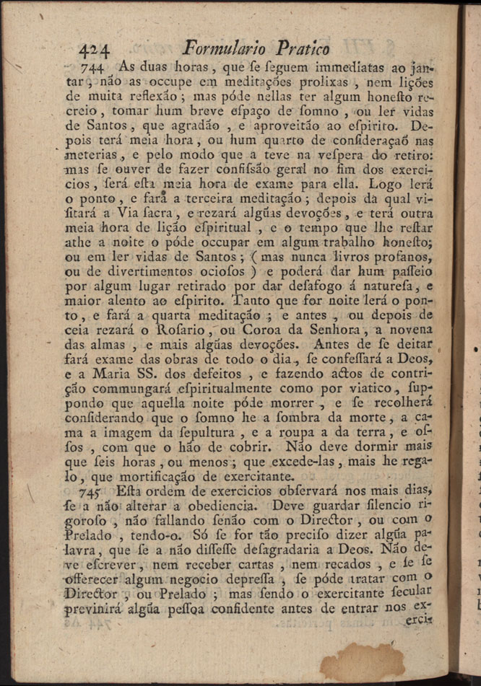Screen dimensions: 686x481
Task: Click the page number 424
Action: pyautogui.click(x=94, y=50)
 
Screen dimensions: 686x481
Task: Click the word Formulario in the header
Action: pyautogui.click(x=225, y=48)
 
